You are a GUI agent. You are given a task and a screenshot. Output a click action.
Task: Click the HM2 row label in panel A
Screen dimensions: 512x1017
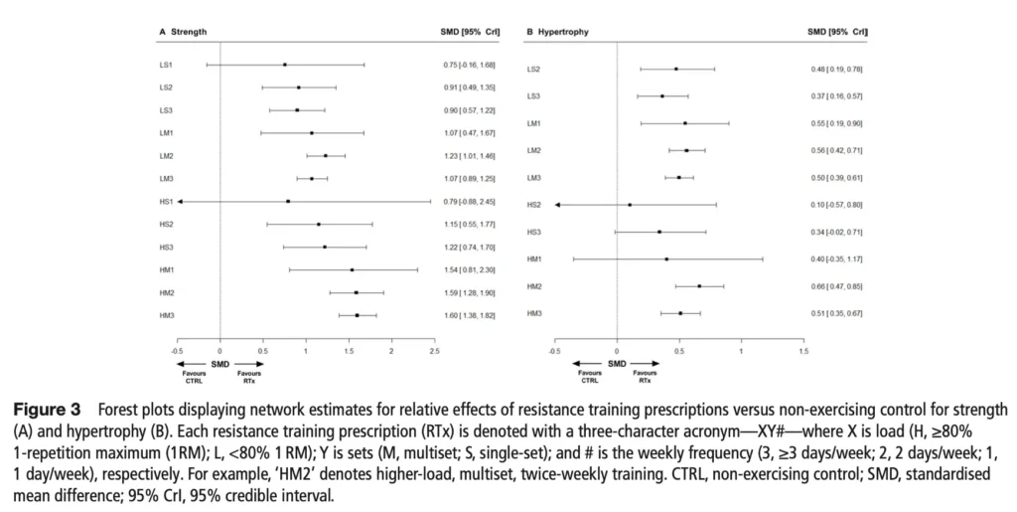(167, 292)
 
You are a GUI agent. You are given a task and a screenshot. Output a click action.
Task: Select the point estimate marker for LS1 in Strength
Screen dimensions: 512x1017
(285, 65)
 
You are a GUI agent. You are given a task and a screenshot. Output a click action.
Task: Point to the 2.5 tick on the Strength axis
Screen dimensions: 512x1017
(433, 351)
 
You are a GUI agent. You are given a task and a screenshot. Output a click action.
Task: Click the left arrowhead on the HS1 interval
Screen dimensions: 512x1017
(180, 201)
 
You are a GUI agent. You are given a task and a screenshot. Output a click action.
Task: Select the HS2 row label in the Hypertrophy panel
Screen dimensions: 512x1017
(533, 205)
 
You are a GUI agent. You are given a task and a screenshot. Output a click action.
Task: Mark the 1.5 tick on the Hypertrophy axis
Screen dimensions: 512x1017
(803, 351)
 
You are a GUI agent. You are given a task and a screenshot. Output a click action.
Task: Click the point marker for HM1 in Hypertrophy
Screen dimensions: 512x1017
(666, 259)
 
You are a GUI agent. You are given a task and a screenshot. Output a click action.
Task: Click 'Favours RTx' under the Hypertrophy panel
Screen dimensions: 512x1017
(646, 379)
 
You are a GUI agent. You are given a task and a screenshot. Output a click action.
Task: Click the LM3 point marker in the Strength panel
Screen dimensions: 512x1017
(312, 179)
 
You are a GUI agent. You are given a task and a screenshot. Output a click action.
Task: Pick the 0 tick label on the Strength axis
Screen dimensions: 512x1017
(219, 351)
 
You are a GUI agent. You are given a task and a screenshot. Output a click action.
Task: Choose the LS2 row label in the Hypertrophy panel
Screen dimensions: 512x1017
(533, 70)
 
